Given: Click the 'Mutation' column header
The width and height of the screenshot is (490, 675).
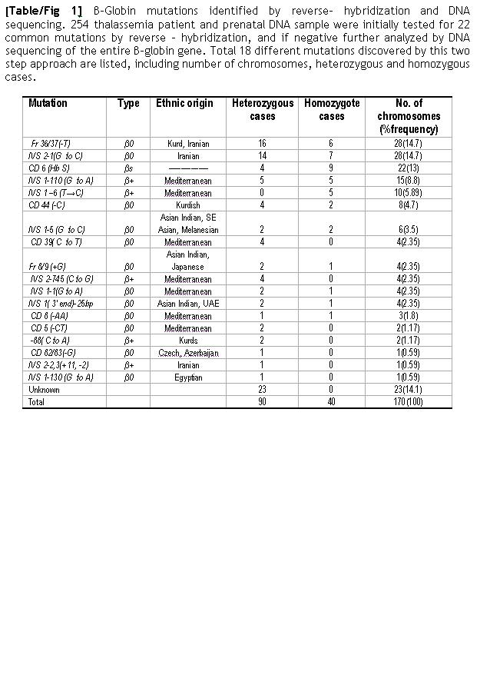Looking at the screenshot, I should point(48,103).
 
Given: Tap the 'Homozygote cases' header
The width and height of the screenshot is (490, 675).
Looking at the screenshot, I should point(331,109).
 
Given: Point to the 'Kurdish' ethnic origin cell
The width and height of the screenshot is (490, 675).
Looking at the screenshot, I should point(187,205).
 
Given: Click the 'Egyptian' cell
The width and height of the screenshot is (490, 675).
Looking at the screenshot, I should point(187,377).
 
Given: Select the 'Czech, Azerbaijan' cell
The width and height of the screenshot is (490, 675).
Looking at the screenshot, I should point(187,353).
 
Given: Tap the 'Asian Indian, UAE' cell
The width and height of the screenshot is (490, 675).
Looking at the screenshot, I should point(187,304).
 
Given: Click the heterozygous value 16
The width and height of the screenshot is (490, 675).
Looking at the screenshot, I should point(263,144).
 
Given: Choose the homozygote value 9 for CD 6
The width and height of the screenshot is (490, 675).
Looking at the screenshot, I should point(331,168).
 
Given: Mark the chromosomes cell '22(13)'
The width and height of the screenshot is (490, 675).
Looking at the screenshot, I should point(407,168).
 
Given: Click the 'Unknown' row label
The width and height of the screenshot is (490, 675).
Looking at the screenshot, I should point(42,390).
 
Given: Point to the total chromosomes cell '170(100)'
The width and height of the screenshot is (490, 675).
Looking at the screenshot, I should point(407,402).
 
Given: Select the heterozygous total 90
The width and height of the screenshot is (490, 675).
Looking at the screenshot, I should point(263,402).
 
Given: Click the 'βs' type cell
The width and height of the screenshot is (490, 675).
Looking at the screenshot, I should point(128,168).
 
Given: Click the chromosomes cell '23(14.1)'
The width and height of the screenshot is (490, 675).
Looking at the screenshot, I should point(407,390).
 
